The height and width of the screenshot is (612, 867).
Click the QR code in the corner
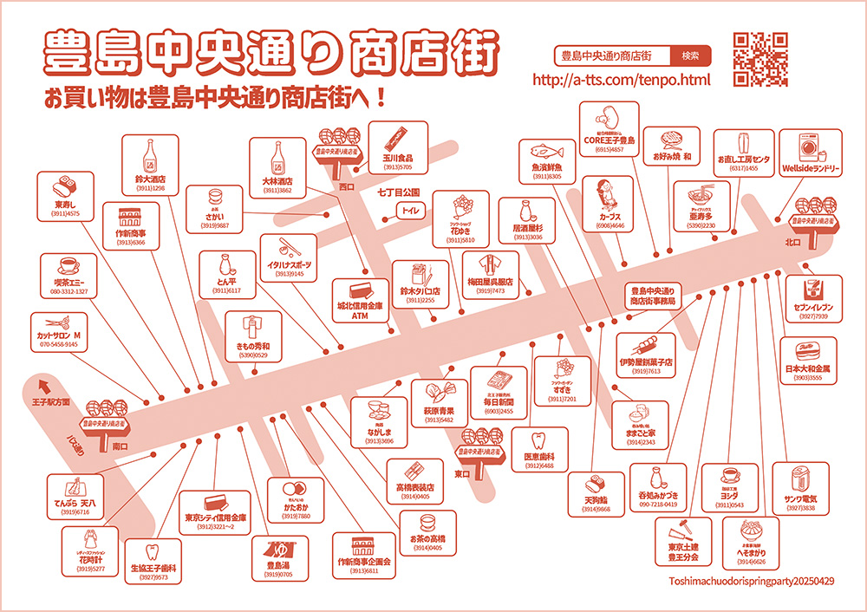click(x=760, y=59)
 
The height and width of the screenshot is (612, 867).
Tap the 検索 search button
click(x=690, y=55)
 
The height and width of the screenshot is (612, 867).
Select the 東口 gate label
click(x=461, y=473)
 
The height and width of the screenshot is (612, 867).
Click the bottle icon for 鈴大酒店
click(x=150, y=154)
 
